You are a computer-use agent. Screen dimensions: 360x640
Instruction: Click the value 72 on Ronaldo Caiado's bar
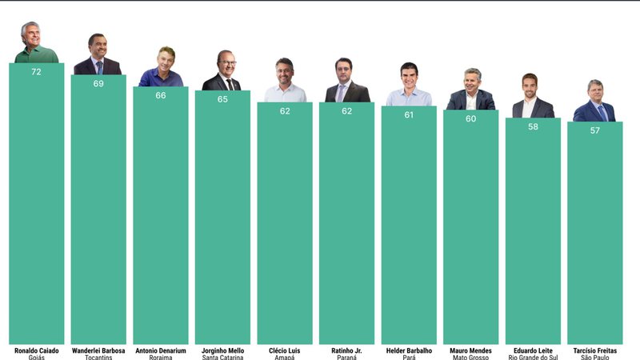pos(36,72)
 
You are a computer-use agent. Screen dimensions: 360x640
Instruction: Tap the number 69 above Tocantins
pos(98,83)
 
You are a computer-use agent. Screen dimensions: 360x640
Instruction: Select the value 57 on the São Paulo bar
pos(594,130)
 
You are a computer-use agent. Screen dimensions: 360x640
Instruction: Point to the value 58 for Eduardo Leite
pos(533,126)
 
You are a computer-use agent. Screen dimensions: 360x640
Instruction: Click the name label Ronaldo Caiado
pos(36,350)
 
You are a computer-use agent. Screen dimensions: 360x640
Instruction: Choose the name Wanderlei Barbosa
pos(98,350)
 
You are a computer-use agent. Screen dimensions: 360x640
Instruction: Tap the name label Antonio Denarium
pos(160,350)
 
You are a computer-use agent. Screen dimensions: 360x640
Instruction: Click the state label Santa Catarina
pos(222,358)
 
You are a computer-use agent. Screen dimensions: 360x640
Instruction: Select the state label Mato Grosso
pos(470,358)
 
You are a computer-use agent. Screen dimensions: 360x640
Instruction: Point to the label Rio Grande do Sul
pos(533,358)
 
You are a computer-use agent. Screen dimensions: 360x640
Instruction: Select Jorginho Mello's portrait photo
pos(222,71)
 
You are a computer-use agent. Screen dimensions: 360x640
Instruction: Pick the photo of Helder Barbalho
pos(409,85)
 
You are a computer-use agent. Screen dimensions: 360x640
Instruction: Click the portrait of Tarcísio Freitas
pos(594,101)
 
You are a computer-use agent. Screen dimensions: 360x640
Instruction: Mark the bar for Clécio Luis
pos(285,224)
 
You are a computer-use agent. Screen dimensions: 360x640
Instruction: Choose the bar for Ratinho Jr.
pos(346,224)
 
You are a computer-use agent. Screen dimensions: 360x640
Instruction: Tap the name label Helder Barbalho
pos(409,350)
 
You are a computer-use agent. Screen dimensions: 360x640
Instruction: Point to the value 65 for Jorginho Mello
pos(222,99)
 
